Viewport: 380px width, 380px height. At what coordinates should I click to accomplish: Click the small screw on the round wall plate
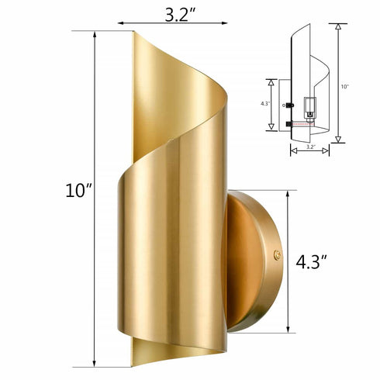click(x=278, y=252)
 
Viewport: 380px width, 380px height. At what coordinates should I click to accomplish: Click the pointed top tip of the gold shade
click(x=135, y=33)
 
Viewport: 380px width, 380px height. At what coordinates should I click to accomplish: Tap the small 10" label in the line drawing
click(x=344, y=87)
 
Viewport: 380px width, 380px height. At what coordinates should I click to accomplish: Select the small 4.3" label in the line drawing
click(x=264, y=103)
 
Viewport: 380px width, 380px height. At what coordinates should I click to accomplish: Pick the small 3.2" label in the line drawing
click(x=310, y=145)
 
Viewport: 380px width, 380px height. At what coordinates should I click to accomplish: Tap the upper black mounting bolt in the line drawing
click(x=289, y=105)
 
